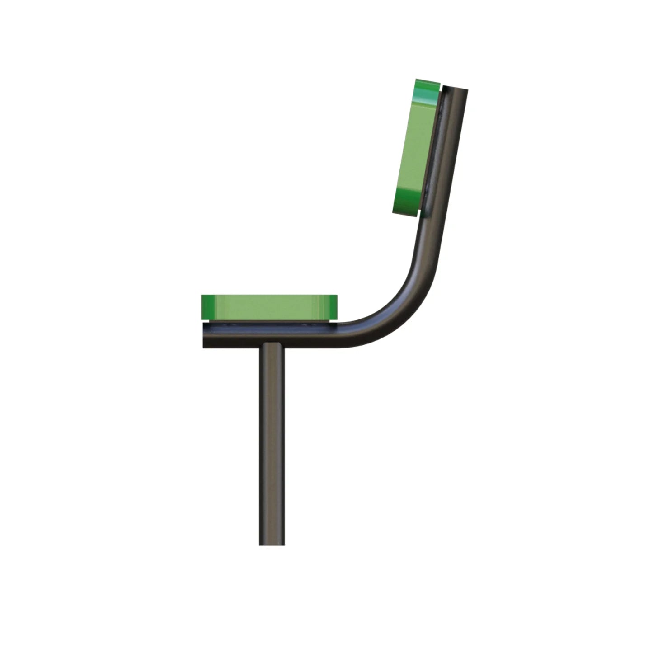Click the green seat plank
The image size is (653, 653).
(269, 307)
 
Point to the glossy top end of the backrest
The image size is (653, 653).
(427, 90)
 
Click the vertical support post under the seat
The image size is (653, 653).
(272, 443)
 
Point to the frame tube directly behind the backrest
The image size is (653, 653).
(445, 149)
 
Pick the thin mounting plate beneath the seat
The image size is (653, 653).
(269, 324)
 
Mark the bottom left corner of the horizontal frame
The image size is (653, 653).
(204, 347)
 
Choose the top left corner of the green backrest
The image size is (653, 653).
(417, 80)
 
